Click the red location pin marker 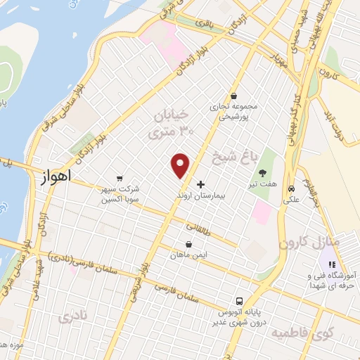click(181, 165)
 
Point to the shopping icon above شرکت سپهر click(120, 178)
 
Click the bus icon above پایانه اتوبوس click(240, 299)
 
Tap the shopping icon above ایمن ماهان click(188, 244)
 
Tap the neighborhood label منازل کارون click(308, 243)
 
